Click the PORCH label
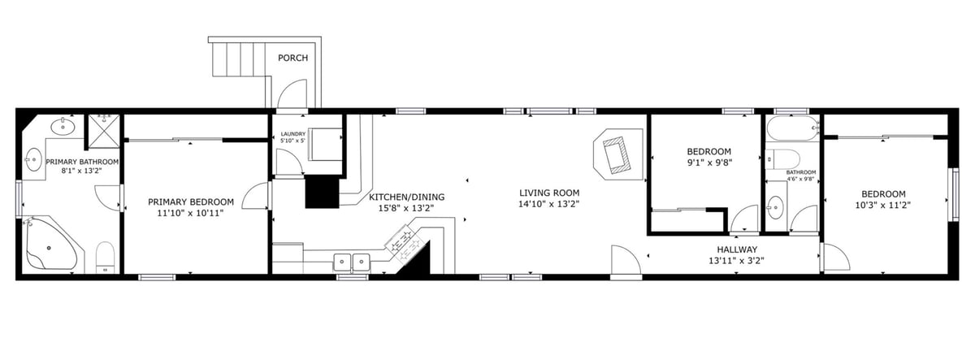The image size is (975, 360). [293, 58]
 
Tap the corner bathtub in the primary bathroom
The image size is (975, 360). [50, 245]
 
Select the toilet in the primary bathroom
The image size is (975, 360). [105, 258]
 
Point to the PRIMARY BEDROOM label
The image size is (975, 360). [191, 202]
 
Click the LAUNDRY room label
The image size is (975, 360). [293, 134]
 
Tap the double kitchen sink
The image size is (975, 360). [352, 262]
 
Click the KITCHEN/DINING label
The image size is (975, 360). [406, 197]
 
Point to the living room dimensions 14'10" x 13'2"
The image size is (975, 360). [549, 204]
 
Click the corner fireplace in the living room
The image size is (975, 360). [618, 154]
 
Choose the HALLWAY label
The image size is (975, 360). [737, 249]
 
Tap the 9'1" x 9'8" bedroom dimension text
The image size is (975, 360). [709, 163]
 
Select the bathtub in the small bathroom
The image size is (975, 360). [793, 128]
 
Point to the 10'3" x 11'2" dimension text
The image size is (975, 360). [883, 205]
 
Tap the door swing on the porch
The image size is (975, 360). [292, 93]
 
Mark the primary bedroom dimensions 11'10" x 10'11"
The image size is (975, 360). [191, 213]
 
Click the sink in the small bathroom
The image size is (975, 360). [775, 206]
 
